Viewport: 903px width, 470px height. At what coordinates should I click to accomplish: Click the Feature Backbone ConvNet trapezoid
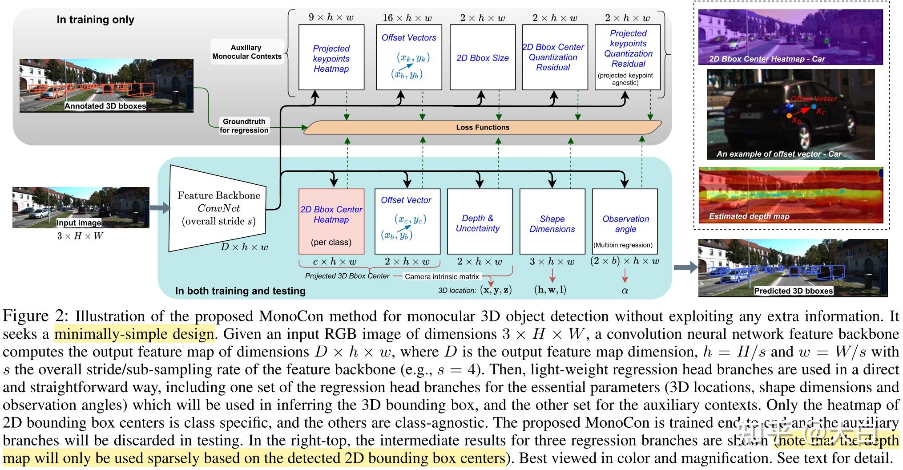[217, 208]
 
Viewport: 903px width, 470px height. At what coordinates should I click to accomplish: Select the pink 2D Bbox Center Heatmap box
[331, 221]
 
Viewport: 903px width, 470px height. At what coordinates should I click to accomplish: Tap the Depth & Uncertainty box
[480, 221]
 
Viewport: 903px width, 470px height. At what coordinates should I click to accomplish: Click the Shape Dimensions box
[552, 221]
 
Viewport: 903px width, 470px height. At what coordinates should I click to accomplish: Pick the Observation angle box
[625, 221]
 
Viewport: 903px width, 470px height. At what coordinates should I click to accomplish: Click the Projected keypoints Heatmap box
[331, 57]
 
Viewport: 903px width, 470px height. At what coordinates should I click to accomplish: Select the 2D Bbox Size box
[483, 57]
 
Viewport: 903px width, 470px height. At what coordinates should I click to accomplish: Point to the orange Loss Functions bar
[483, 127]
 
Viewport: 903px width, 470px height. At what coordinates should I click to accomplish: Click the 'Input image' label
[79, 223]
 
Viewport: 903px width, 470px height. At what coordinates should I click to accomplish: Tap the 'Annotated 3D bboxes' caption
[105, 106]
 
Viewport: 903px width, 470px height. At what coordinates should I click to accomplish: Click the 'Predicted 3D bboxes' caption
[793, 291]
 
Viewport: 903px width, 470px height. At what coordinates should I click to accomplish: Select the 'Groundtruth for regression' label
[244, 126]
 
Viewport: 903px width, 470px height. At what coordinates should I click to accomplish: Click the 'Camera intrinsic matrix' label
[442, 276]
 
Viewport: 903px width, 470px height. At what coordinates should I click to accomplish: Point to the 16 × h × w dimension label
[407, 18]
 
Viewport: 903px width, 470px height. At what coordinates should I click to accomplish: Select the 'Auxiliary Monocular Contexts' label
[247, 52]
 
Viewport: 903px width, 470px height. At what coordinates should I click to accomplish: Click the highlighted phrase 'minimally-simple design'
[134, 334]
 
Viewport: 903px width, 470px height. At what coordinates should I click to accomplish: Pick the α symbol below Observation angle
[625, 291]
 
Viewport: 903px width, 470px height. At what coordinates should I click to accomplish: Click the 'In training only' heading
[95, 20]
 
